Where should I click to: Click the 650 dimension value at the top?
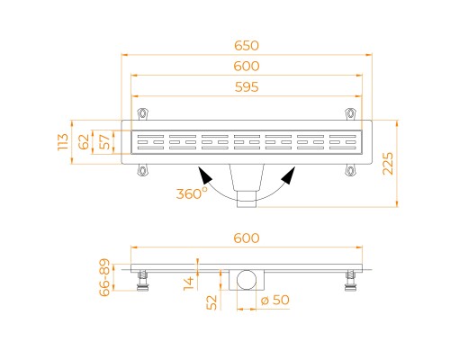(247, 46)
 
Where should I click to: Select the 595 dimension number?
(247, 87)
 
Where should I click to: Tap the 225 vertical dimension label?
(388, 164)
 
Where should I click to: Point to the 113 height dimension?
(63, 142)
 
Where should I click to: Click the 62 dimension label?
(84, 142)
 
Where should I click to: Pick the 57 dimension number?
(104, 142)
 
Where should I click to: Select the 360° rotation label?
(192, 193)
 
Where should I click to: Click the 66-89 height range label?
(104, 277)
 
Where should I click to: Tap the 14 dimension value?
(189, 283)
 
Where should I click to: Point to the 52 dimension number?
(211, 302)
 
